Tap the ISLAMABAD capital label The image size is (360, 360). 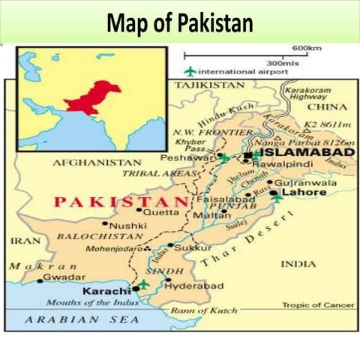(298, 153)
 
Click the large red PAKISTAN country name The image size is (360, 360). (119, 201)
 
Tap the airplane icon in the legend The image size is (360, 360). (190, 71)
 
